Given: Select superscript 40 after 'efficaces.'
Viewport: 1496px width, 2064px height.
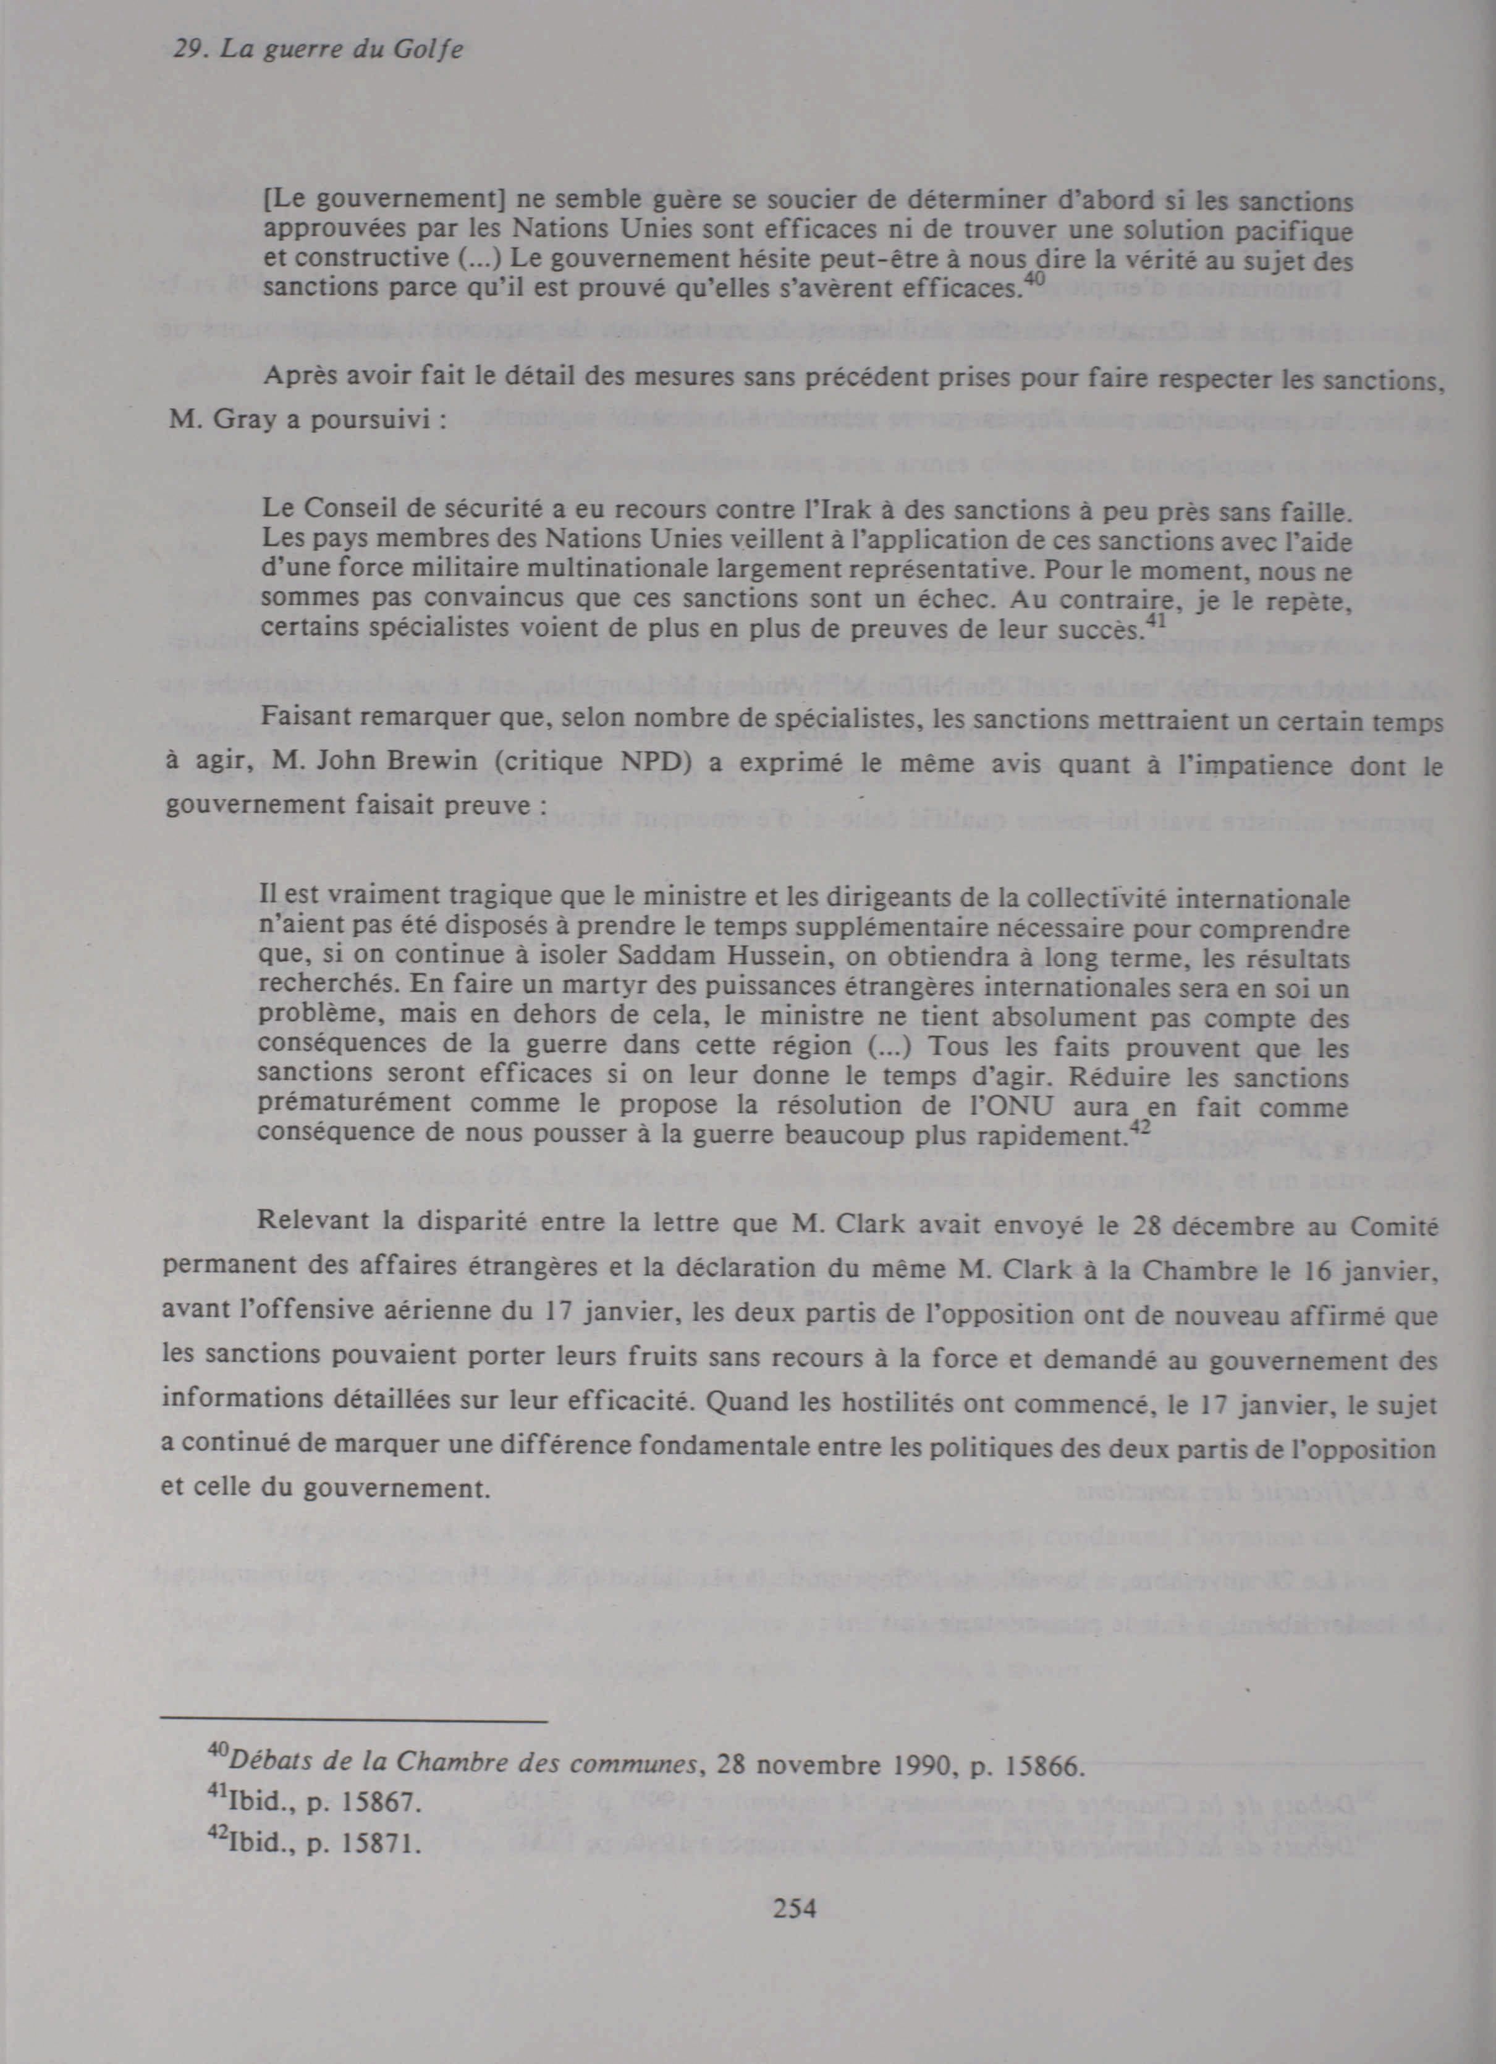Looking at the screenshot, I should tap(1034, 280).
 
